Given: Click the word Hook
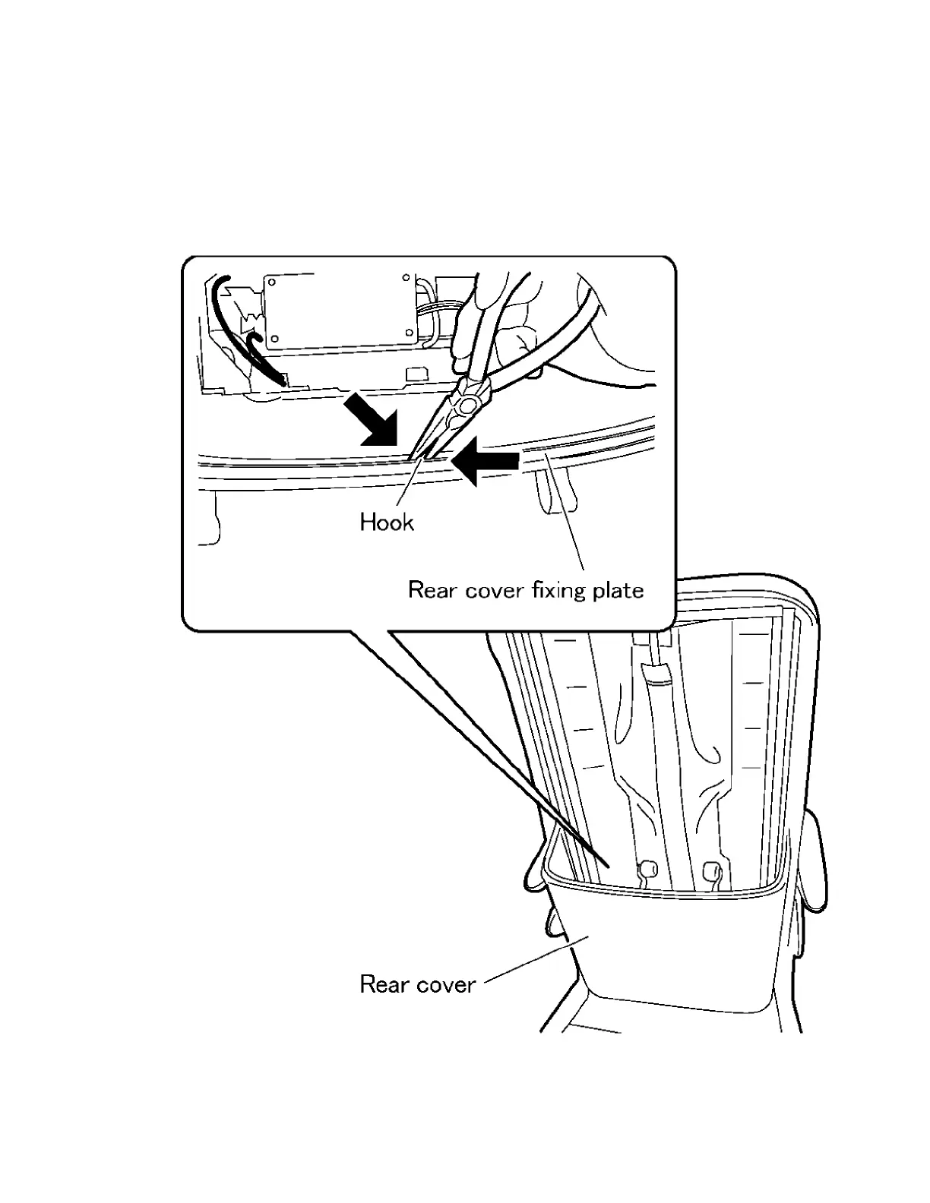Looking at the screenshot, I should (x=387, y=523).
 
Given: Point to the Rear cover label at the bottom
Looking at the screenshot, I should (x=417, y=984).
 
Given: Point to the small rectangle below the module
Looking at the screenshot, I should (x=414, y=374).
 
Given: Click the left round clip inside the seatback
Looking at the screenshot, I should (x=648, y=867).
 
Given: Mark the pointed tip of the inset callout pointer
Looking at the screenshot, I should (x=607, y=865).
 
